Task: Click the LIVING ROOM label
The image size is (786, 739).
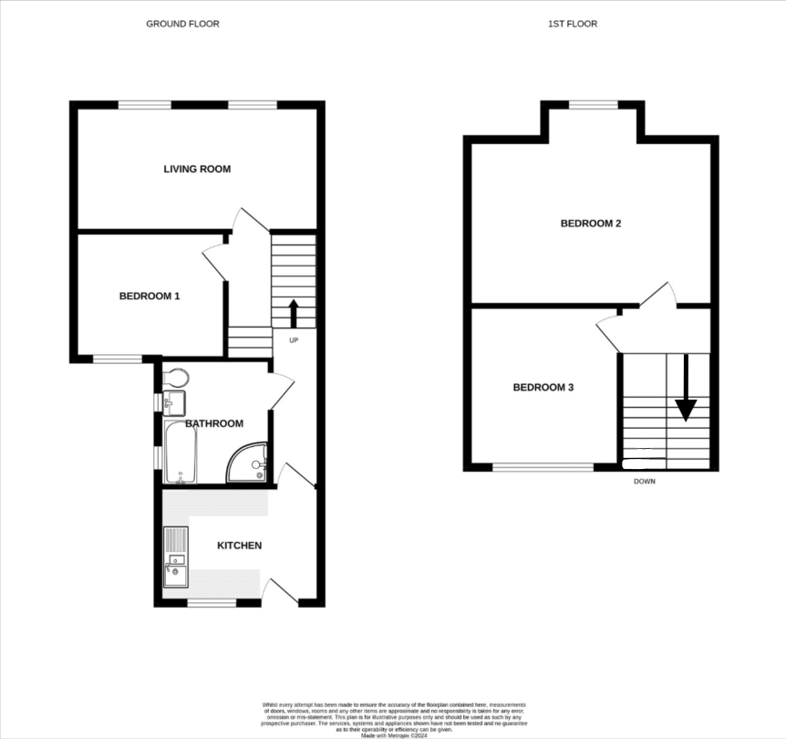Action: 197,169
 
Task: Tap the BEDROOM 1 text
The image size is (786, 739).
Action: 150,296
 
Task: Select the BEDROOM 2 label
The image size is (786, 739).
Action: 590,224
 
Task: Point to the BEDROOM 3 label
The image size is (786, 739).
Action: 543,388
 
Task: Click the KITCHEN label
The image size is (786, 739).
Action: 239,546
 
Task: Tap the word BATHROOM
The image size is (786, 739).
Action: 214,423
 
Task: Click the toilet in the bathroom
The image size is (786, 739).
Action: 175,377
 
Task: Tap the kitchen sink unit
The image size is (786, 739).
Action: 174,557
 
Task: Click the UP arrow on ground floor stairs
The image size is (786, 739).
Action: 294,313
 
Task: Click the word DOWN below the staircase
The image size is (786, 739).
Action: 644,481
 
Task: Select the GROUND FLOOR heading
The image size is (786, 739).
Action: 182,24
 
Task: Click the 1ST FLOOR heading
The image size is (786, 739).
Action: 573,24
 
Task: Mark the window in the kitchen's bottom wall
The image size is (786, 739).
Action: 212,602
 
